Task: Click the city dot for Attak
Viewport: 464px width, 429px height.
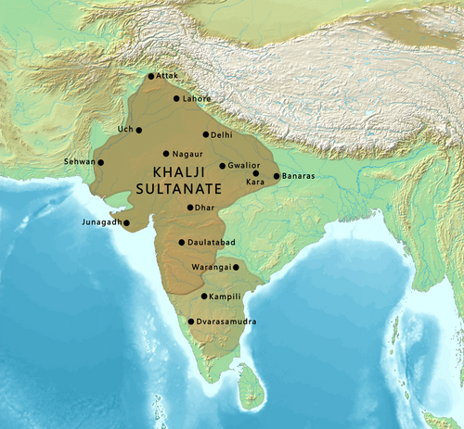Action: (151, 76)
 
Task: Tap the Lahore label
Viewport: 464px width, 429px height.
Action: (197, 98)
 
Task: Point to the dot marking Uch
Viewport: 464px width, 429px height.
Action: (139, 131)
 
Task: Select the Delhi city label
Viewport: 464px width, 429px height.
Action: (222, 135)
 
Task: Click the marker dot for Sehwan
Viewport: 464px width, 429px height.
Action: (101, 163)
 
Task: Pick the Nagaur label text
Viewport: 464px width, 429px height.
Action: (188, 154)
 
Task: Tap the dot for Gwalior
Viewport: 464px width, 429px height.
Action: (222, 166)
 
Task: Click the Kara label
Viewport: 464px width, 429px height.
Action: (255, 183)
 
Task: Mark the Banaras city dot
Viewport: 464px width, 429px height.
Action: (276, 176)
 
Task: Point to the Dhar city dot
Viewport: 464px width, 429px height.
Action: (190, 208)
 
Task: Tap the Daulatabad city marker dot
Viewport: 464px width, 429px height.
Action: (181, 242)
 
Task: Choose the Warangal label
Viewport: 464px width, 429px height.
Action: (211, 267)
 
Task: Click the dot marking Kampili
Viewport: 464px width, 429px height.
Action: (204, 297)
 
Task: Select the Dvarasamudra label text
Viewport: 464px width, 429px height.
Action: (225, 322)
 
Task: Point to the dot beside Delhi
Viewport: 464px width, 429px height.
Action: (205, 134)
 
